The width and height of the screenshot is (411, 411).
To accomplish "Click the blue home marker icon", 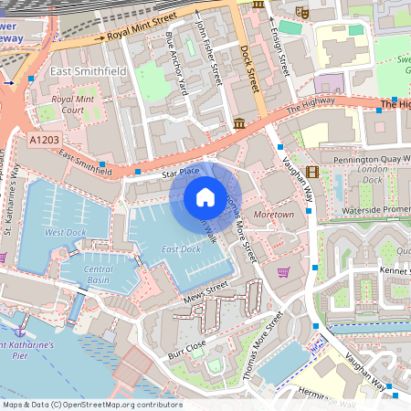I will [205, 197].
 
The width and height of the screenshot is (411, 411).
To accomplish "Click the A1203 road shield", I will [44, 141].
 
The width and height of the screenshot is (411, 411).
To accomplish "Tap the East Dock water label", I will [180, 248].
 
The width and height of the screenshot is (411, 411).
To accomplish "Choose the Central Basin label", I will [99, 275].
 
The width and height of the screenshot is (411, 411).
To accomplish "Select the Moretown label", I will [274, 214].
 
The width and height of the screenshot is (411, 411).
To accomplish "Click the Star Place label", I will [180, 172].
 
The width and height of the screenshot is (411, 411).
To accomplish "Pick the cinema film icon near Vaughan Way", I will [313, 171].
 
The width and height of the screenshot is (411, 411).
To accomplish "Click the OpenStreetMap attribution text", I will [92, 405].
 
